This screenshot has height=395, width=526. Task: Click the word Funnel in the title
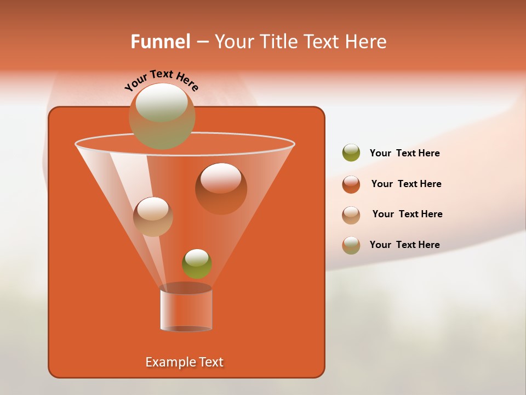pos(160,42)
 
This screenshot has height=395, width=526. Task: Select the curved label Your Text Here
pos(162,80)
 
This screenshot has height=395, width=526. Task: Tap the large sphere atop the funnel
pos(162,116)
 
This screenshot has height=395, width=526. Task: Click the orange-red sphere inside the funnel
pos(221,188)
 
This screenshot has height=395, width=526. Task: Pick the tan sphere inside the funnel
pos(153,216)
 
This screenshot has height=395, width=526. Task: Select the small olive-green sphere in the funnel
pos(197,263)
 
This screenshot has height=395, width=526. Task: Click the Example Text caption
pos(184,362)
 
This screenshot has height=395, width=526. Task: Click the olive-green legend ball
pos(351,153)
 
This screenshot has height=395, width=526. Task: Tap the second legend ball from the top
pos(351,184)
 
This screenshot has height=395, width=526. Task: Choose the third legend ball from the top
pos(351,215)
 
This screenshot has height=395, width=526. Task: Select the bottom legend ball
pos(351,245)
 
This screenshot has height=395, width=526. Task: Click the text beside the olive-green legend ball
pos(404,154)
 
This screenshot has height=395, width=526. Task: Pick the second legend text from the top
pos(406,184)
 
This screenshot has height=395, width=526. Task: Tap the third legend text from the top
pos(407,215)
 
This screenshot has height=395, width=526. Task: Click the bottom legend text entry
pos(404,245)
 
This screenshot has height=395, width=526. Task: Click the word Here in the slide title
pos(367,42)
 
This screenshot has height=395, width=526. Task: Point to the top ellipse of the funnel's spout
pos(186,288)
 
